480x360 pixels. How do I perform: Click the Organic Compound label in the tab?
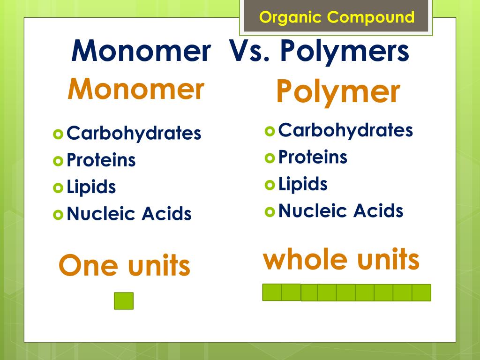[337, 18]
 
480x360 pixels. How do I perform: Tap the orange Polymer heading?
[338, 92]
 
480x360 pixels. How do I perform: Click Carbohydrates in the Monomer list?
[134, 134]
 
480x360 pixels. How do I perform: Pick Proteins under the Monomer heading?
[101, 160]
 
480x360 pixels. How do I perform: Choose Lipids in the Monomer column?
[91, 187]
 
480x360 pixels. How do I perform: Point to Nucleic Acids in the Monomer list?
[129, 214]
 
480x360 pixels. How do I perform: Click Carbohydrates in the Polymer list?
[345, 130]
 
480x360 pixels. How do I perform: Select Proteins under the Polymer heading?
[313, 157]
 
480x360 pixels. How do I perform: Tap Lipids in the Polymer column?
[303, 184]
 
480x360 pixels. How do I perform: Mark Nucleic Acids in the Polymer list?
[341, 211]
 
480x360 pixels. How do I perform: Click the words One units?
[124, 266]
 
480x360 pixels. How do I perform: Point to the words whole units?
[341, 260]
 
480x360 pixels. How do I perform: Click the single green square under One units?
[124, 301]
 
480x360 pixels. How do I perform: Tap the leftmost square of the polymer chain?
[272, 292]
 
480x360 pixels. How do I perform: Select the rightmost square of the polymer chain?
[421, 292]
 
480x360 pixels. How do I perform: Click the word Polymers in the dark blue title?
[345, 52]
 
